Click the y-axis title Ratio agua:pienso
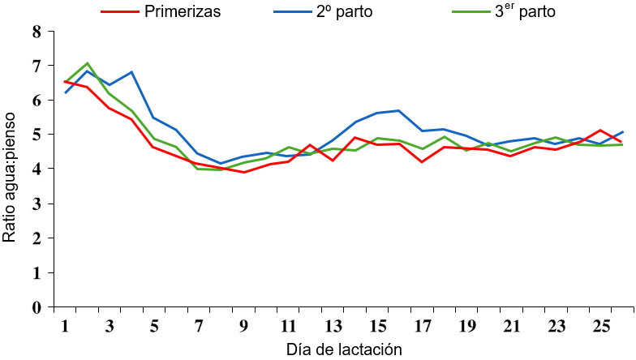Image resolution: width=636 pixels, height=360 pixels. coord(11,170)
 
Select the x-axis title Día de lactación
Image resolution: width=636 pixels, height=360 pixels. coord(345,349)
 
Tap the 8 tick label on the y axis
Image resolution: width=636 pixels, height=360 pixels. coord(35,32)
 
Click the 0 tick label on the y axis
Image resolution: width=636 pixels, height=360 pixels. coord(35,308)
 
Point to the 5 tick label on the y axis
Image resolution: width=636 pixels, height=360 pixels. coord(35,135)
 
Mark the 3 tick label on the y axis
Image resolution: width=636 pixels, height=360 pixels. coord(35,204)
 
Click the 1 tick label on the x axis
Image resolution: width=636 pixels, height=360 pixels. coord(65,325)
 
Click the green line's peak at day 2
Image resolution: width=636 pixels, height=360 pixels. coord(87,63)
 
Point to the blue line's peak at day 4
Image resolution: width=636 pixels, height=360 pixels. coord(131,72)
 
